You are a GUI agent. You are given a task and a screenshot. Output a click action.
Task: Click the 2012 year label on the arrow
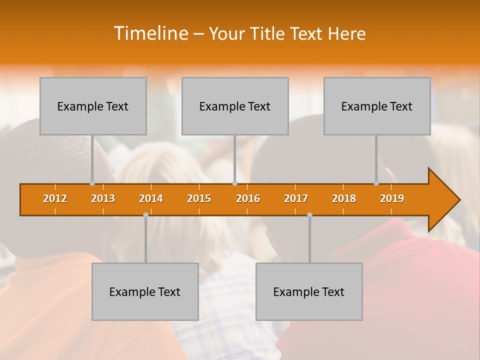point(55,198)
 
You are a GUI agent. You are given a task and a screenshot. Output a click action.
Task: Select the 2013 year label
point(103,198)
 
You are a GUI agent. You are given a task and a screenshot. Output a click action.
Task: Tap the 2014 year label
point(151,198)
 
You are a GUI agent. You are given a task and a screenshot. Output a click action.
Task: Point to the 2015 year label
point(199,198)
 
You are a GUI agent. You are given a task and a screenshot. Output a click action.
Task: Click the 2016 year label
point(248,198)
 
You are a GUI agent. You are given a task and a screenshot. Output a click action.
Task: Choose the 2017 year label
point(296,198)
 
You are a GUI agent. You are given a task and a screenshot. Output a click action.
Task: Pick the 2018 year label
point(344,198)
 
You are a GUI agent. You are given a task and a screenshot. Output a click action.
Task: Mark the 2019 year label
point(392,198)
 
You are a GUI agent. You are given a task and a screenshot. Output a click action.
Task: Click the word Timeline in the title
point(150,33)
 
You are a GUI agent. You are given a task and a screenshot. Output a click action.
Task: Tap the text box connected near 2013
point(93,106)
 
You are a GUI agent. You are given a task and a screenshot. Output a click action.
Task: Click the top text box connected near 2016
point(235,106)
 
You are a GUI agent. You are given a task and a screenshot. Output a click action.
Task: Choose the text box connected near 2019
point(377,106)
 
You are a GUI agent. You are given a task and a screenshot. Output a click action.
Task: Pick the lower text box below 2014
point(145,291)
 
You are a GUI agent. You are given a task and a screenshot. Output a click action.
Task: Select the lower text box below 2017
point(309,291)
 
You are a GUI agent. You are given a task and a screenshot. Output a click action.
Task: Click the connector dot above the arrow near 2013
point(92,183)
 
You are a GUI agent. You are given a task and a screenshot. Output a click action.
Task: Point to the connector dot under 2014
point(145,214)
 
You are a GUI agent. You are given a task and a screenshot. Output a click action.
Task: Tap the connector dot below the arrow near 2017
point(309,214)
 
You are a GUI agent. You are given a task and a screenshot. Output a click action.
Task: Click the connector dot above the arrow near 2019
point(376,183)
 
